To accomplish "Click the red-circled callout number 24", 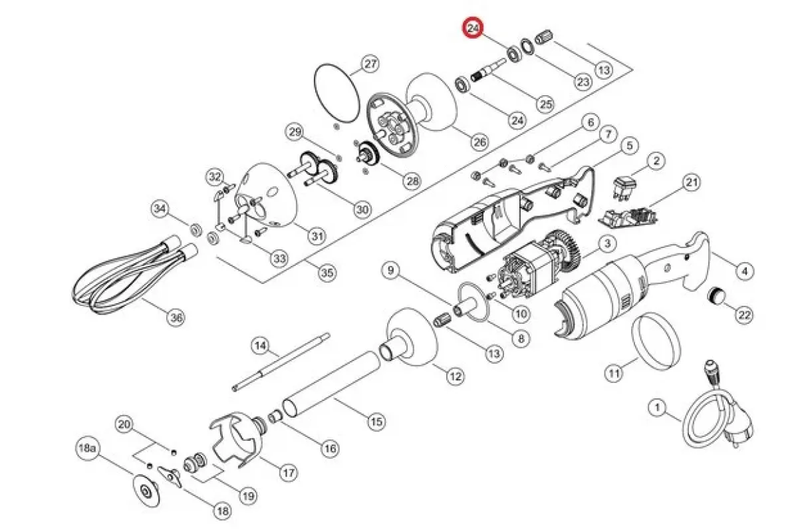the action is (x=472, y=28).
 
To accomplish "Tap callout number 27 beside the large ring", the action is (x=370, y=64).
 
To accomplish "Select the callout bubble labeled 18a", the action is (x=87, y=448).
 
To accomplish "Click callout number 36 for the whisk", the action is (x=176, y=317).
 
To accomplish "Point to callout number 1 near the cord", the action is (x=657, y=407).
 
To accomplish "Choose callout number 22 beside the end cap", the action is (x=745, y=315).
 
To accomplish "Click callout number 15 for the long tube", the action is (x=376, y=422).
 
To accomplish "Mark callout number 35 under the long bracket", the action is (x=327, y=273).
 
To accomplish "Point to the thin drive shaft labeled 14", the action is (x=281, y=362).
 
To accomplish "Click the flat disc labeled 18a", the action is (x=146, y=491).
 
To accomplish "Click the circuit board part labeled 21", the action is (x=629, y=218).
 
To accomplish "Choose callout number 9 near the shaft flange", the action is (x=391, y=270).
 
